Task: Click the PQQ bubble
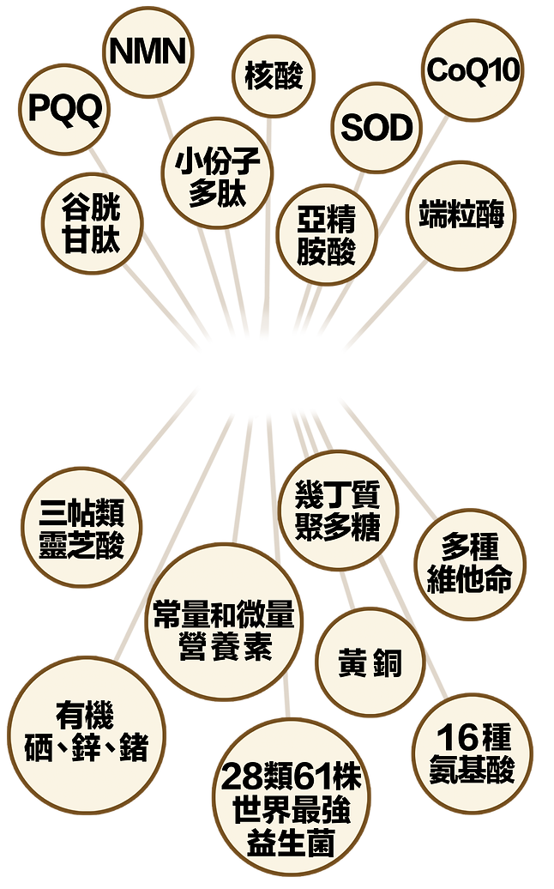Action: pyautogui.click(x=65, y=108)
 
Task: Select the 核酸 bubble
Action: pyautogui.click(x=274, y=76)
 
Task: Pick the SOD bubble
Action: pyautogui.click(x=377, y=129)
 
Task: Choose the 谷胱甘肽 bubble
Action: pyautogui.click(x=91, y=222)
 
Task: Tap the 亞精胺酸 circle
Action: pyautogui.click(x=326, y=235)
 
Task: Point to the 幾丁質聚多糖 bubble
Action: pyautogui.click(x=336, y=511)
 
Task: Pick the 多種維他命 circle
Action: pyautogui.click(x=470, y=565)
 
